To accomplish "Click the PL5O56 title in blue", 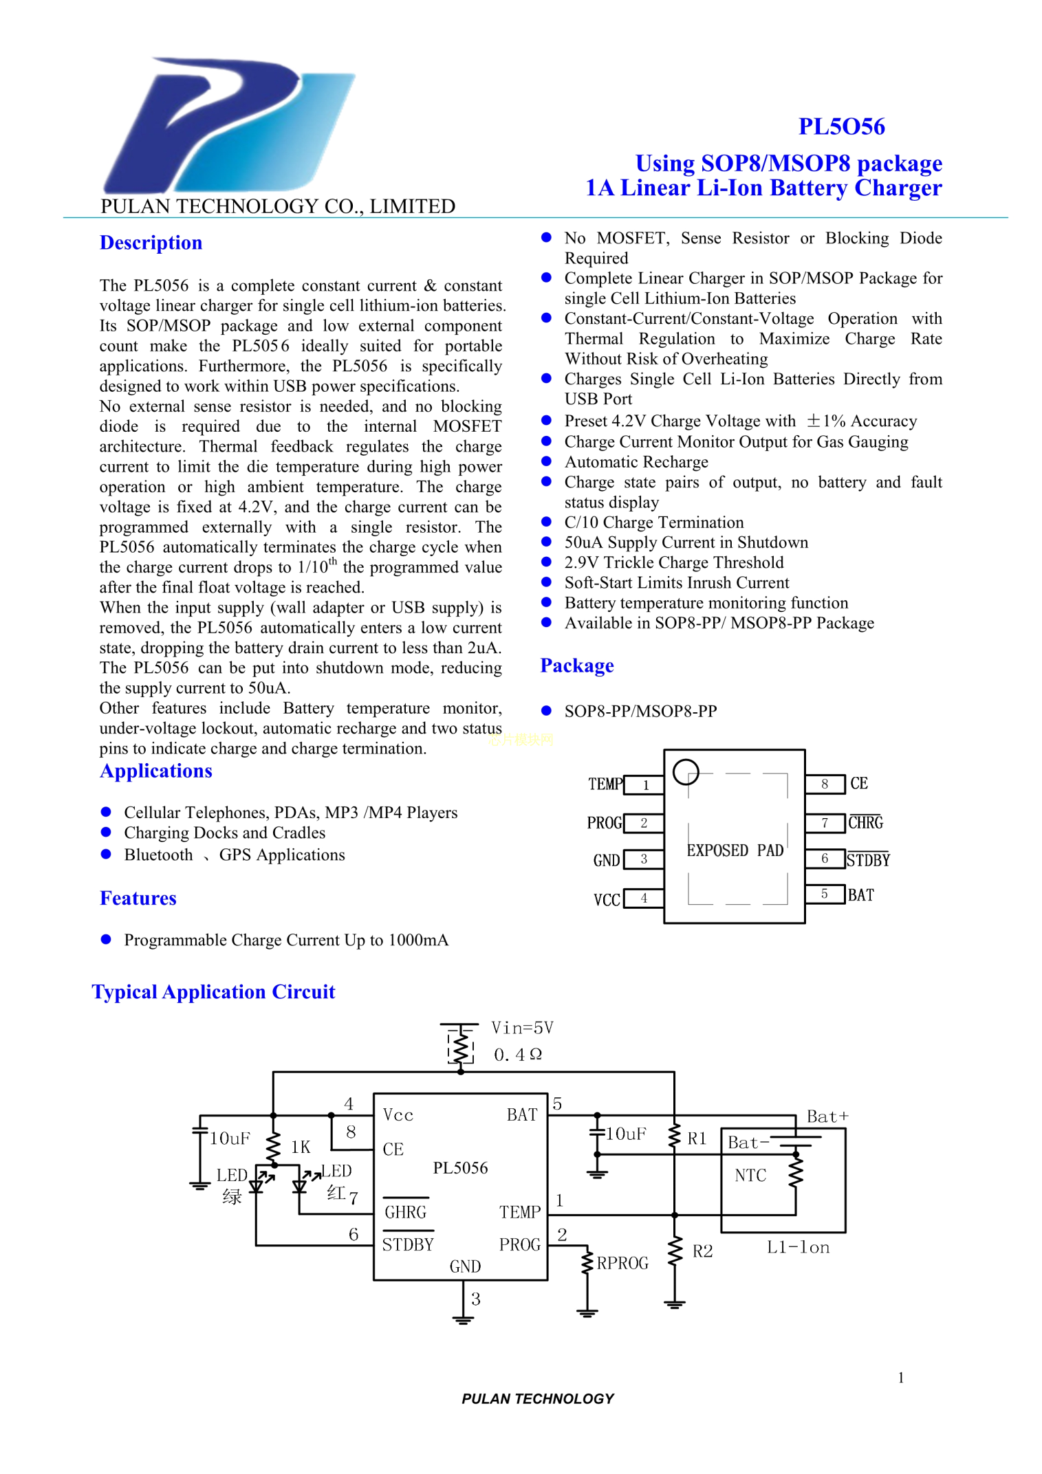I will pos(840,126).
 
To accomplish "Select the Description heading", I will pos(151,243).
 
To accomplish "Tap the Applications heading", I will pos(155,771).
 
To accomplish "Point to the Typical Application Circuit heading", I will pos(213,991).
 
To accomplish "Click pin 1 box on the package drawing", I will pos(644,784).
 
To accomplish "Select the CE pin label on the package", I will pos(858,783).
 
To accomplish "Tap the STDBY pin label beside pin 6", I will pos(868,860).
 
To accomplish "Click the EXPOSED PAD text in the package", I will pos(735,850).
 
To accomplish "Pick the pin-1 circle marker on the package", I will pos(686,771).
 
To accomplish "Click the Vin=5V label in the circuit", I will pos(522,1028).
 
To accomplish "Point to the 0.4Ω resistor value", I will pos(518,1055).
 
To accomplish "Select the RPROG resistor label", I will pos(622,1263).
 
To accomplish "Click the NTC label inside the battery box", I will pos(750,1176).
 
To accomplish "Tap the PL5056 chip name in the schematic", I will pos(460,1168).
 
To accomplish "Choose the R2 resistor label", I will pos(702,1251).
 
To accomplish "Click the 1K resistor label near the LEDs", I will pos(301,1147).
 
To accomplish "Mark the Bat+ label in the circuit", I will pos(827,1116).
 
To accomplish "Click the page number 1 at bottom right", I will pos(900,1377).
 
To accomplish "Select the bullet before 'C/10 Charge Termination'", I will pos(547,522).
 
